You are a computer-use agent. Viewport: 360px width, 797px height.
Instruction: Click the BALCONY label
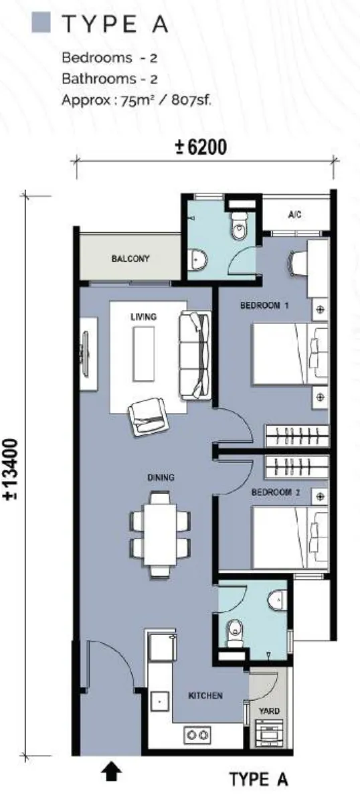point(130,259)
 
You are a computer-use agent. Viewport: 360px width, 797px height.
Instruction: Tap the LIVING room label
point(143,317)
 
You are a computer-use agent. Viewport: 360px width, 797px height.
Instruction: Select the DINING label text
point(161,477)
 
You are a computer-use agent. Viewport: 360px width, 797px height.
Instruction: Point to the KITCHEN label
point(205,695)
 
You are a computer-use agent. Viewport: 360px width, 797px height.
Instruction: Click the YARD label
point(269,711)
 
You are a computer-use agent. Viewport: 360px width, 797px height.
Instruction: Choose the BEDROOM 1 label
point(264,305)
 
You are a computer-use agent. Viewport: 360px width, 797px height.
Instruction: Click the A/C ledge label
point(295,215)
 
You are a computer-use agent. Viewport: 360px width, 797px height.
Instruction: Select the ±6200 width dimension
point(201,147)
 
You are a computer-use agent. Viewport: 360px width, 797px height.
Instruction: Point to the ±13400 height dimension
point(11,470)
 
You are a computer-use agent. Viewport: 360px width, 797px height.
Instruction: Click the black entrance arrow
point(111,773)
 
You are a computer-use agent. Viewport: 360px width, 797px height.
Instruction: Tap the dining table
point(160,534)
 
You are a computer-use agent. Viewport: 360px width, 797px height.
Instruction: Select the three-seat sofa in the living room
point(195,355)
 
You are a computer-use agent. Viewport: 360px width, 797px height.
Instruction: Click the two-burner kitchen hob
point(197,735)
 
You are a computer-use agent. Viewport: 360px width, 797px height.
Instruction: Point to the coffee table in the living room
point(143,354)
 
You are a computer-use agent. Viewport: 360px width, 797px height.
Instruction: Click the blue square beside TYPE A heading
point(41,23)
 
